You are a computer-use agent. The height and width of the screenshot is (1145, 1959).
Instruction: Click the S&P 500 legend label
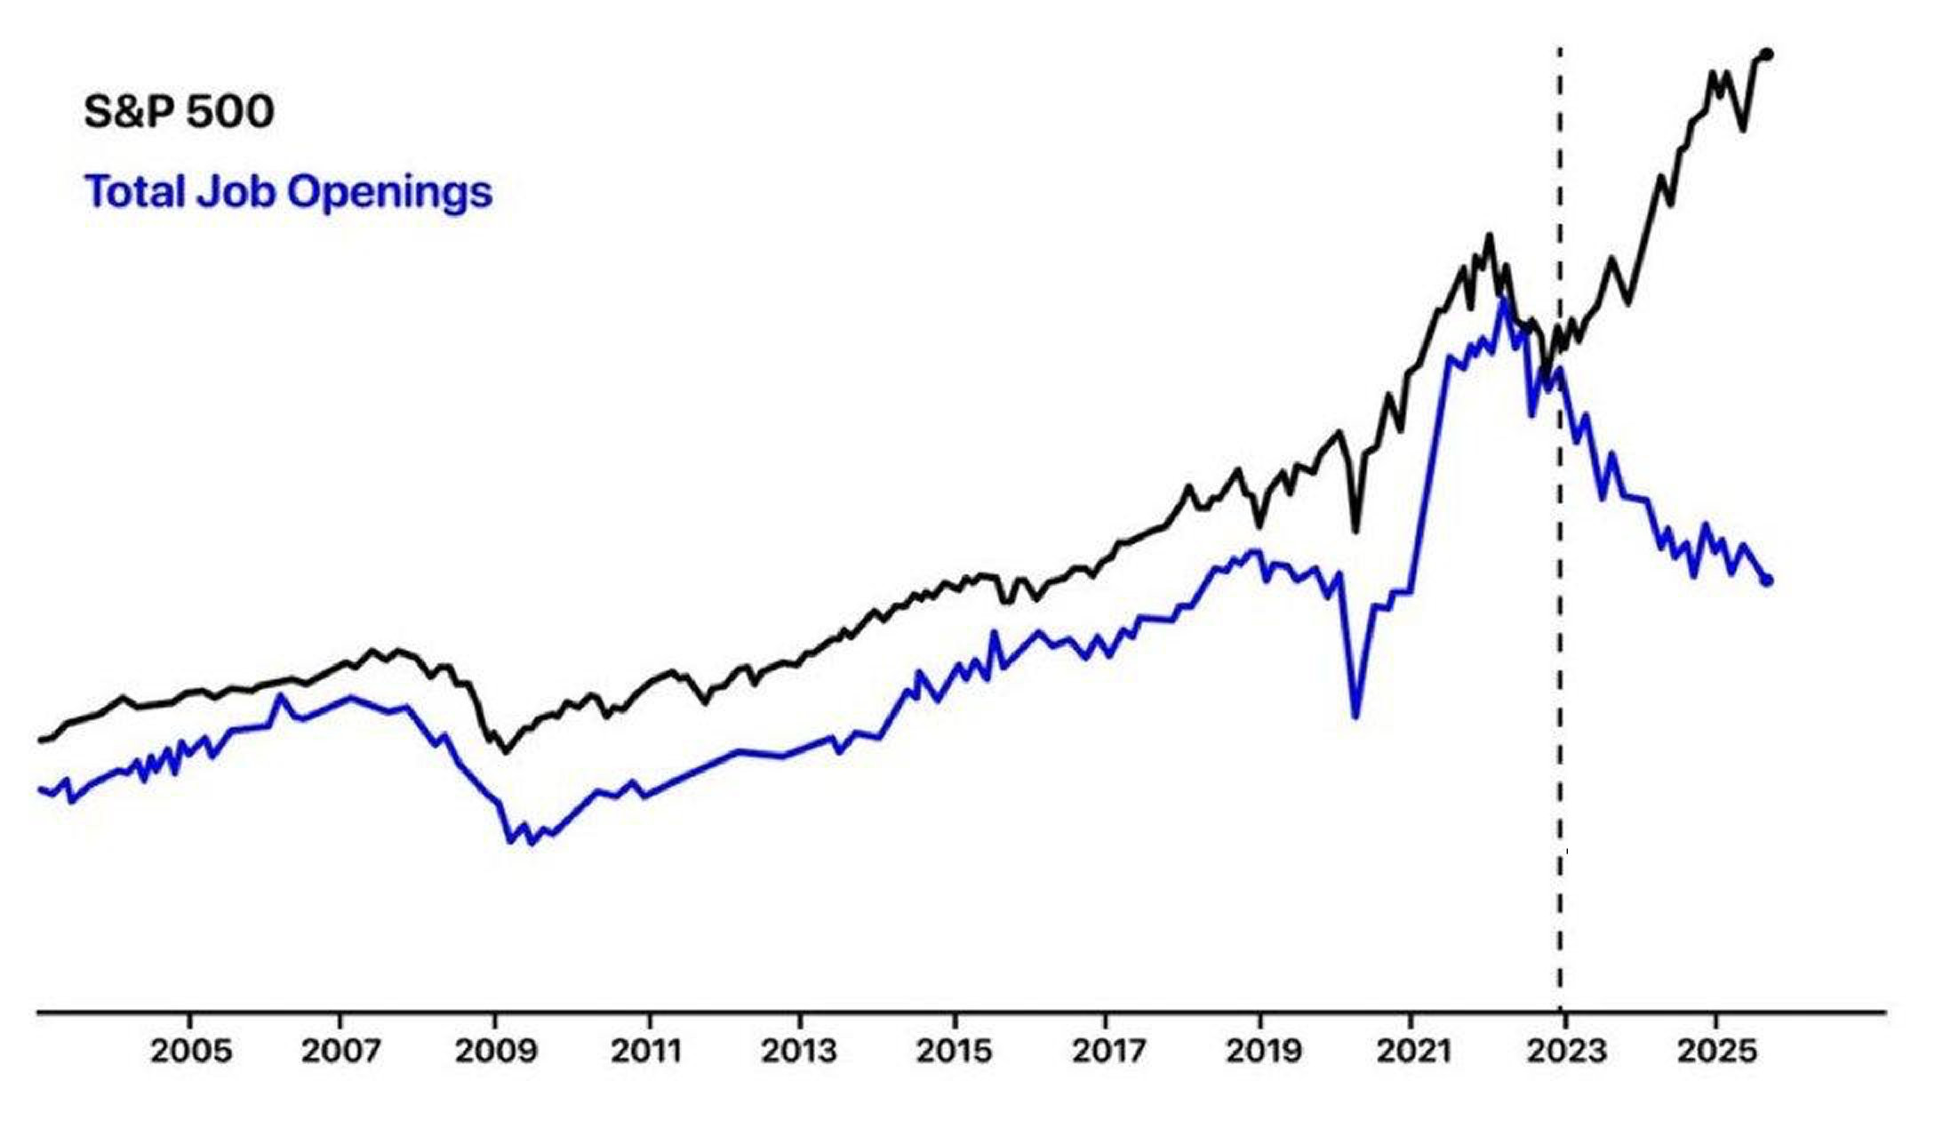179,112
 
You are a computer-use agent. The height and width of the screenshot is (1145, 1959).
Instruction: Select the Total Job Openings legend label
288,191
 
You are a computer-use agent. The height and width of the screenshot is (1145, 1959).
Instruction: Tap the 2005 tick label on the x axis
190,1051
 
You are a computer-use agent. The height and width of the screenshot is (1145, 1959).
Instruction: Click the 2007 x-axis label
340,1051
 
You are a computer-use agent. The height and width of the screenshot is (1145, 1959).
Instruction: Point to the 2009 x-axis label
496,1051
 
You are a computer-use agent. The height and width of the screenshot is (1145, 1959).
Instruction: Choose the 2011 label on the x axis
646,1051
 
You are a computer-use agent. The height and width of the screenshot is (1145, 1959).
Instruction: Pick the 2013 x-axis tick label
799,1051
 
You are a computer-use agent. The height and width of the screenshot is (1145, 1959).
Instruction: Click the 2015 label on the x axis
955,1051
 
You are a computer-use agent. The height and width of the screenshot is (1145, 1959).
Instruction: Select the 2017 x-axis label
1108,1051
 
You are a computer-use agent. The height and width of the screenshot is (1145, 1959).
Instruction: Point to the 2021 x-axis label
1414,1051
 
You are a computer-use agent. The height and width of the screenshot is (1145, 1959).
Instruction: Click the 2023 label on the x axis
1566,1051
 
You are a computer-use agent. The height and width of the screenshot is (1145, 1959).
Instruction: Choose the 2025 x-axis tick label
1717,1051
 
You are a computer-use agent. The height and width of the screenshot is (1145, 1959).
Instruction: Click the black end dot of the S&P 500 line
1767,55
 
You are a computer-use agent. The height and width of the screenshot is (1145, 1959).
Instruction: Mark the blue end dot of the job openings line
1767,581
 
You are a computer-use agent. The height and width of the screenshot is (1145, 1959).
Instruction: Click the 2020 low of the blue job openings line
1355,716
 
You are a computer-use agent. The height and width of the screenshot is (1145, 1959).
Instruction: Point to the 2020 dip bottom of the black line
1355,531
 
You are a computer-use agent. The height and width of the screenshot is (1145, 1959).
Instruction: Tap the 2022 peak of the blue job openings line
1502,300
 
